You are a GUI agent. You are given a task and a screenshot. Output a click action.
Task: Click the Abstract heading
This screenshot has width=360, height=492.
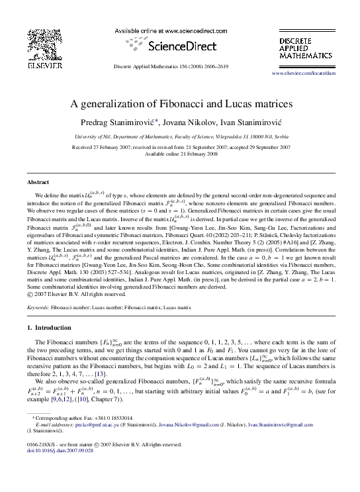pos(38,181)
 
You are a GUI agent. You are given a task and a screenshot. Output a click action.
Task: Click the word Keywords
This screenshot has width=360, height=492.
pos(38,308)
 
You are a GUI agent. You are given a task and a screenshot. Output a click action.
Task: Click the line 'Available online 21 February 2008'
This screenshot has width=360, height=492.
pos(180,153)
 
